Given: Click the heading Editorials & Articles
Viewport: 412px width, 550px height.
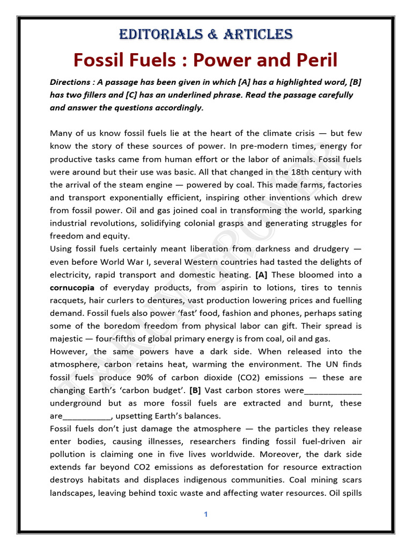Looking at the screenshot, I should pyautogui.click(x=205, y=35).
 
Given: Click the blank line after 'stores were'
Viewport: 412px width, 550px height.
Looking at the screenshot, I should pyautogui.click(x=333, y=390).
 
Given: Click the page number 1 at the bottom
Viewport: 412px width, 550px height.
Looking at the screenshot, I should pyautogui.click(x=205, y=515).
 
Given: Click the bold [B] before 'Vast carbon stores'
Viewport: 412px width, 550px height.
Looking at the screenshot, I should pyautogui.click(x=195, y=390).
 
